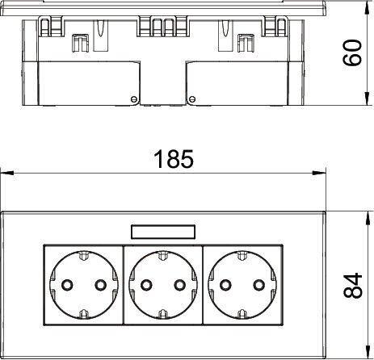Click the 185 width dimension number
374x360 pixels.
(x=174, y=159)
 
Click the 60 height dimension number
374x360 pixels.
(x=352, y=52)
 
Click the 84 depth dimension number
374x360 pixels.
(x=353, y=286)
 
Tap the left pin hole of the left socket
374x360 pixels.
(x=67, y=285)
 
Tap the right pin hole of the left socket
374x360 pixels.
(x=100, y=285)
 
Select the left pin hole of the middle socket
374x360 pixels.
(x=146, y=285)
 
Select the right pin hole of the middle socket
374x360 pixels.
(x=180, y=285)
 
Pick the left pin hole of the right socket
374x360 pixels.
(x=225, y=285)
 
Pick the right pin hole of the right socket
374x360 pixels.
(x=259, y=285)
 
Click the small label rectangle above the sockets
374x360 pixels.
(x=163, y=232)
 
